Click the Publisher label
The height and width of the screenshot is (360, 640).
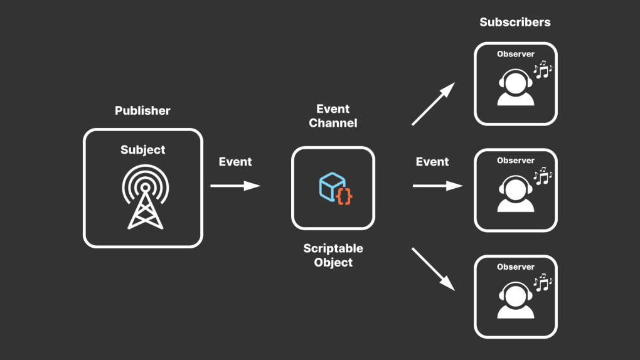142,111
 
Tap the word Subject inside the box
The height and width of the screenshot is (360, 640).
143,150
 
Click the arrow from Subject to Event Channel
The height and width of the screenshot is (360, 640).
235,186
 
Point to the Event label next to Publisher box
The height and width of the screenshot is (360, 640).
235,162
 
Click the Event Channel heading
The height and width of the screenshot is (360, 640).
333,116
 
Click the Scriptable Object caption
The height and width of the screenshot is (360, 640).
333,255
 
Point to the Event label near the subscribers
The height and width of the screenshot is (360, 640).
432,162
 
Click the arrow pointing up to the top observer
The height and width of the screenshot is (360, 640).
432,104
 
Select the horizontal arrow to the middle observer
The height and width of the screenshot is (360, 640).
437,186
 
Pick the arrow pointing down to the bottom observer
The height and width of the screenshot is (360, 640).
433,268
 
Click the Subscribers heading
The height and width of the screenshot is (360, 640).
515,22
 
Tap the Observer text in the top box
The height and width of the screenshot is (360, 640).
516,54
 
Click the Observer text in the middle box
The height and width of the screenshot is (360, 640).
516,161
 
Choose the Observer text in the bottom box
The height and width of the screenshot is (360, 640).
516,267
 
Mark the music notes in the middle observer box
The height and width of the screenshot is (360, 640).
541,176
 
